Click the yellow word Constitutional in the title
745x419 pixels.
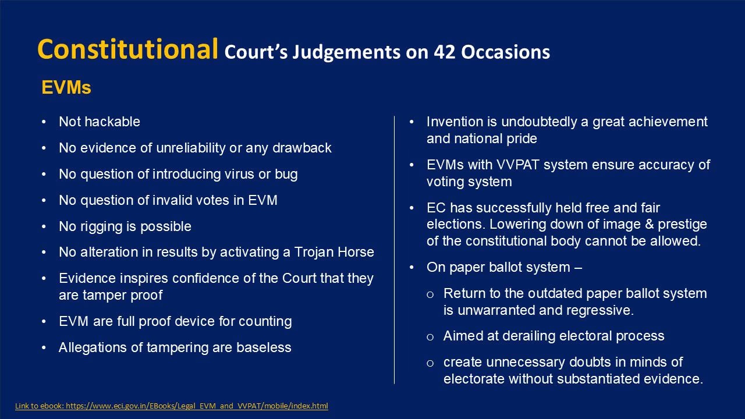(127, 49)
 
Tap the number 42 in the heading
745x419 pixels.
(444, 52)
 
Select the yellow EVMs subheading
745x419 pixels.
(66, 87)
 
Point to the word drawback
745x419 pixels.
(302, 148)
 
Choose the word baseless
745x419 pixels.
(264, 347)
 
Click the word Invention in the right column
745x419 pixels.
(455, 122)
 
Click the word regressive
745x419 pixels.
(600, 310)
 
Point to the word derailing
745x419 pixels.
(529, 336)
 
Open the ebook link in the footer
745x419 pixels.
(172, 406)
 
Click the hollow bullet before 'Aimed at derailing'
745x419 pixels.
(430, 337)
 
